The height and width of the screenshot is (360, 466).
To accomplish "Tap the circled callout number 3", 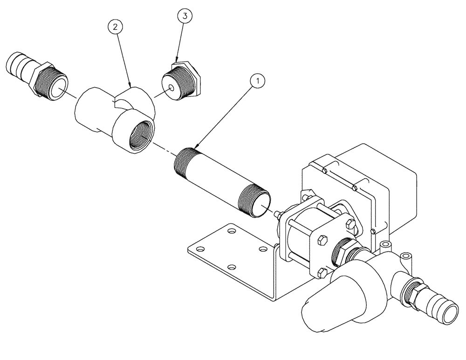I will coord(185,16).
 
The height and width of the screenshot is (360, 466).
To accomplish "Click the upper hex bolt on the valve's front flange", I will coord(322,241).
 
